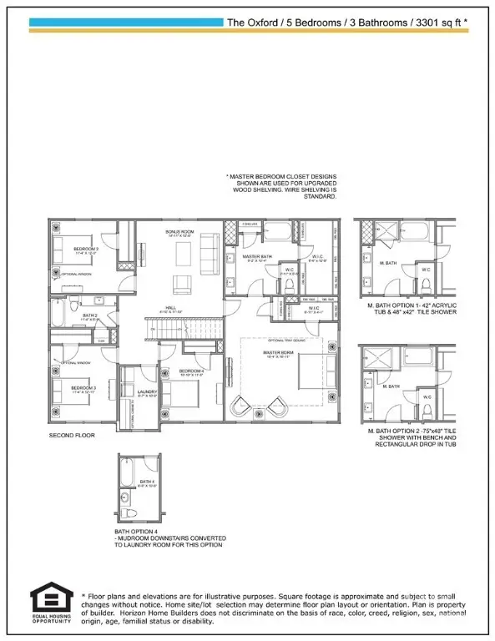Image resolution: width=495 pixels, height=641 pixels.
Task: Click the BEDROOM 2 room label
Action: [66, 249]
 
